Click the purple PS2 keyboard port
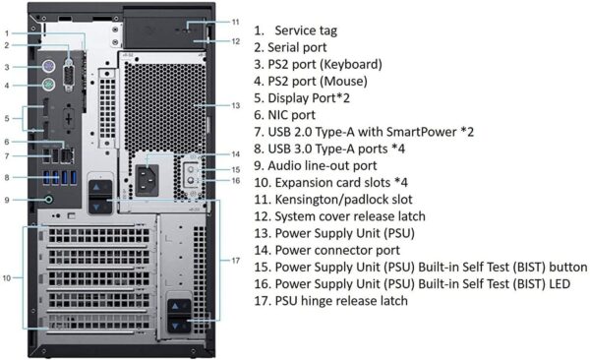(x=48, y=67)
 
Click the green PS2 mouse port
(x=48, y=85)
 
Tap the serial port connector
(x=69, y=76)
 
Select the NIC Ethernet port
(x=67, y=155)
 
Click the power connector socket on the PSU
(x=147, y=180)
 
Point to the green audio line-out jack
(x=48, y=200)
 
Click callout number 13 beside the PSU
(x=236, y=105)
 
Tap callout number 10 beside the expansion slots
(x=7, y=278)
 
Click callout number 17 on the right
(x=236, y=261)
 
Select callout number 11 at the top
(x=236, y=22)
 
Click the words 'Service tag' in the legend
(x=306, y=30)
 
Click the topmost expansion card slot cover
(x=97, y=236)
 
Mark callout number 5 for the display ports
(x=7, y=119)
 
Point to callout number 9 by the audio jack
(x=7, y=200)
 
